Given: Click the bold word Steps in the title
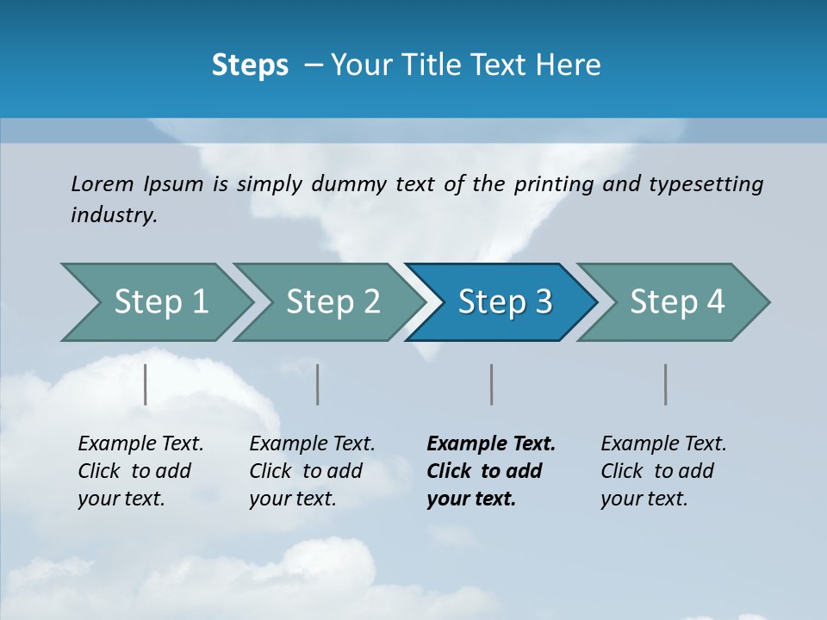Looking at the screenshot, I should [250, 65].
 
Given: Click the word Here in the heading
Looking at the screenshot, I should [568, 65].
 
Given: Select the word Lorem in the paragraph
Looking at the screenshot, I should [103, 184].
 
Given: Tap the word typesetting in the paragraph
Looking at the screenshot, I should [706, 184].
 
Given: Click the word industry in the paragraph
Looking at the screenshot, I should [113, 215].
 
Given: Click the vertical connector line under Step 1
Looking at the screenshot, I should [146, 384].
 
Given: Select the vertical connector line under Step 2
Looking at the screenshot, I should [318, 384].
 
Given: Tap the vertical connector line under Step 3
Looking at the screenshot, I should [492, 384].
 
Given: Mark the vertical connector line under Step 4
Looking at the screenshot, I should [666, 384].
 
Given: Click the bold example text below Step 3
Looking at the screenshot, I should [490, 471].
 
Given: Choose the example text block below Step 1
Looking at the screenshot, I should [140, 471].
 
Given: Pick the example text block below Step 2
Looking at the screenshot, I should [311, 471].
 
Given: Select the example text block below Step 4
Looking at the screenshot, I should [662, 471].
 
